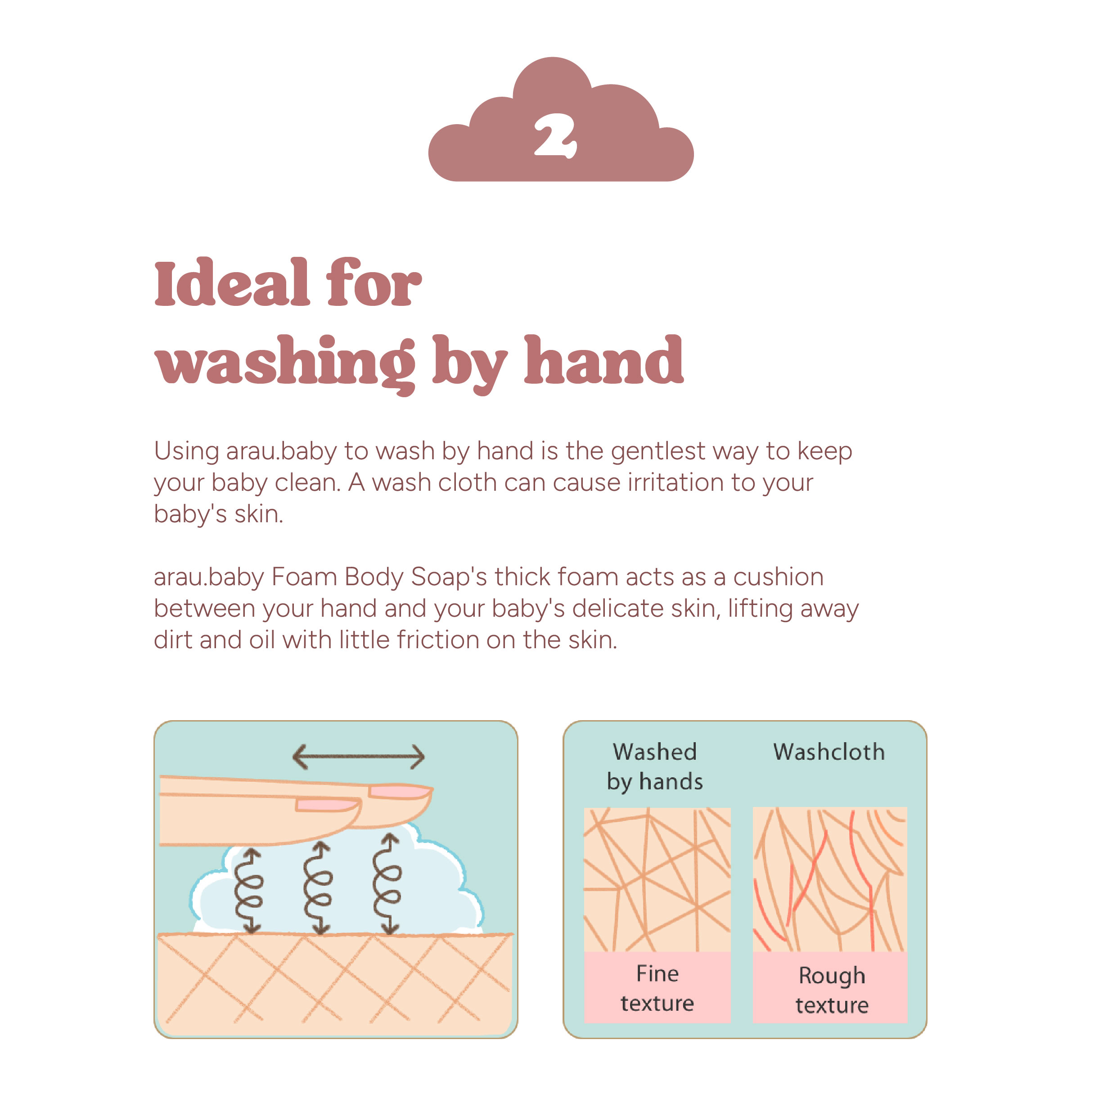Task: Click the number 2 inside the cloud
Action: (555, 136)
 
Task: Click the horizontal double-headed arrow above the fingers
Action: (359, 757)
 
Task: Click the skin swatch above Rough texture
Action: (830, 879)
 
